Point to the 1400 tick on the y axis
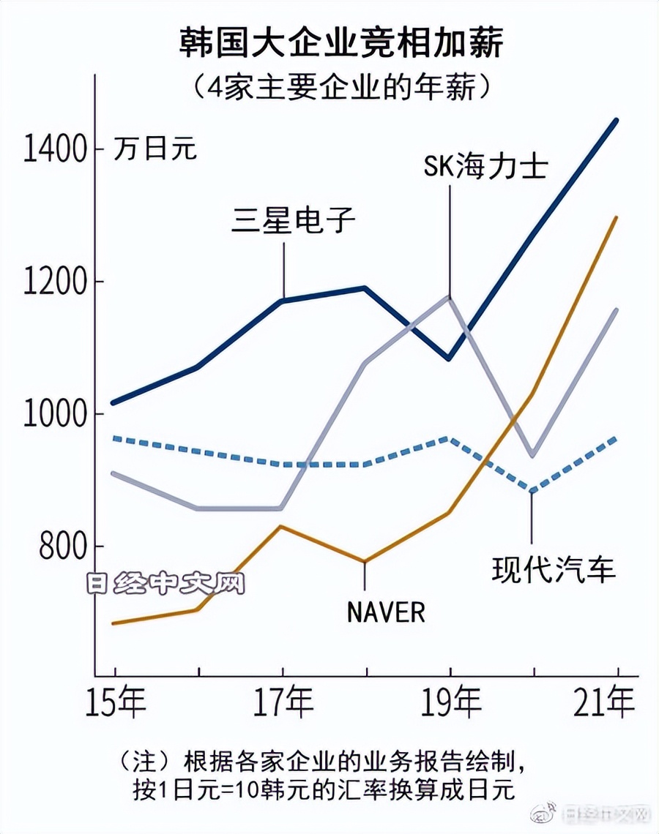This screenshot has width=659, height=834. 54,149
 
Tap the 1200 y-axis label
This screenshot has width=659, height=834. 54,282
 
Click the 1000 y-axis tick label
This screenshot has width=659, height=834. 54,414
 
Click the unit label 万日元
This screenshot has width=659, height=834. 155,150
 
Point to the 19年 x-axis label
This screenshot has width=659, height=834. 450,705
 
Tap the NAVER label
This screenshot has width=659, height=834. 386,612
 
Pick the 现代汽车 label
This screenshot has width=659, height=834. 554,568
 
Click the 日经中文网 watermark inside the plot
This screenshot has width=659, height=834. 164,583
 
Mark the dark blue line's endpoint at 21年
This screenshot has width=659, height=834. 617,120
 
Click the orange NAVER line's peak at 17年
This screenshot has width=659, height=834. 283,527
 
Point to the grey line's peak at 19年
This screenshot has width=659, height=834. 450,296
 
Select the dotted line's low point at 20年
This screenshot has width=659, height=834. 533,492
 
